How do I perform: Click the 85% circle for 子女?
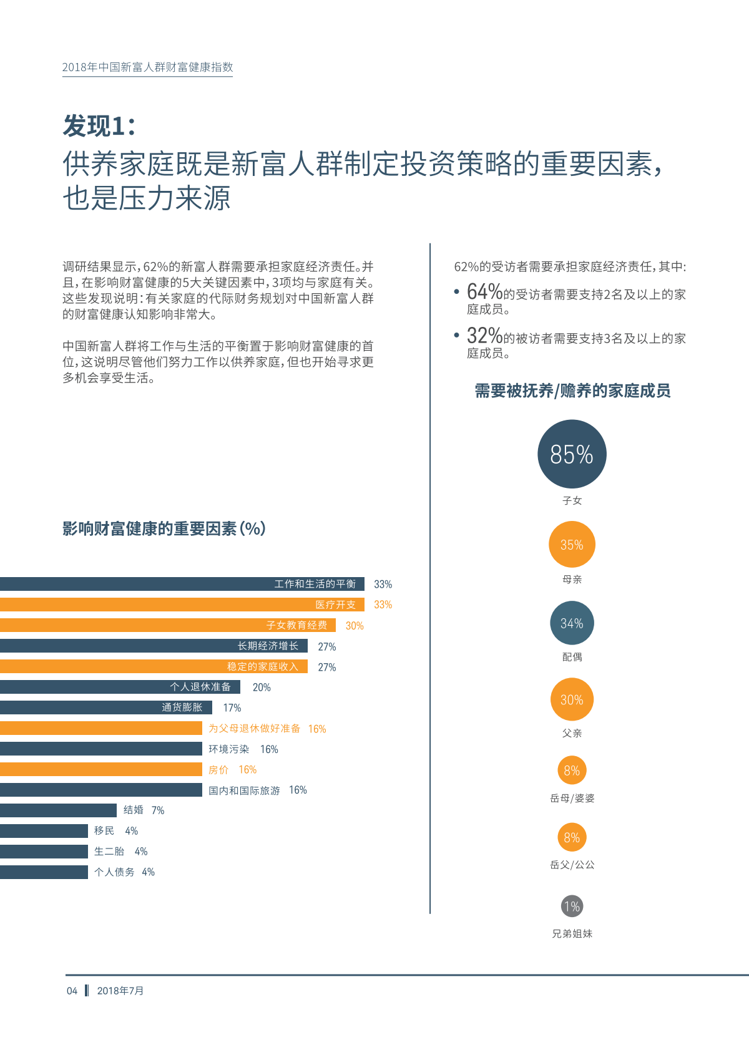[572, 454]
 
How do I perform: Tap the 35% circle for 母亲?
[572, 545]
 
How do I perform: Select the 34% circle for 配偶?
[572, 623]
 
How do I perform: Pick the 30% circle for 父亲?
[572, 700]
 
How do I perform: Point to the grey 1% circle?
[572, 906]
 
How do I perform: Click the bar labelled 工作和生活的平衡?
[181, 584]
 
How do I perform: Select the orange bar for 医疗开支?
[181, 605]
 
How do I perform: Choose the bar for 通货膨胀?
[106, 707]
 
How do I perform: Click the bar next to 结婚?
[58, 810]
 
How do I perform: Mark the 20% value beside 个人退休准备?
[262, 688]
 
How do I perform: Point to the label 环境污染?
[228, 749]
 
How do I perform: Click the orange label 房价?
[218, 770]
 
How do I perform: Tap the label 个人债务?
[114, 872]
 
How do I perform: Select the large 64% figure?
[484, 291]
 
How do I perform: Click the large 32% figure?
[484, 336]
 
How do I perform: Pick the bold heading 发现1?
[99, 126]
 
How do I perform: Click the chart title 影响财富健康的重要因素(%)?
[164, 529]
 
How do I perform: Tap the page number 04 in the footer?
[72, 991]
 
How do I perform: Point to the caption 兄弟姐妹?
[572, 934]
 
